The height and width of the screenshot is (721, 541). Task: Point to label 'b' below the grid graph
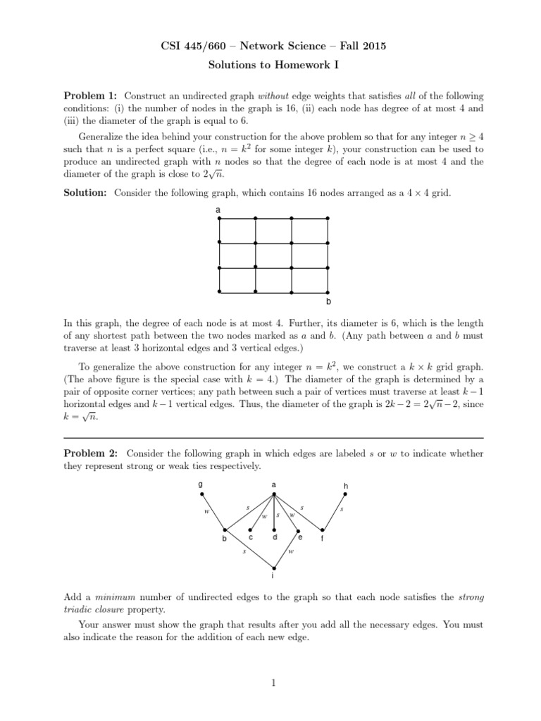(328, 302)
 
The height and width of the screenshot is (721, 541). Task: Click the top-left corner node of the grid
(220, 219)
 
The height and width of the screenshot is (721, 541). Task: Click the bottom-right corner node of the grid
(328, 291)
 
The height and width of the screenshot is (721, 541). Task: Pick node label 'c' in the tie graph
(251, 537)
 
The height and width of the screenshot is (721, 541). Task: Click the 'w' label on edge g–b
(206, 512)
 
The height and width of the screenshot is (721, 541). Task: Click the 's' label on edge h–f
(342, 508)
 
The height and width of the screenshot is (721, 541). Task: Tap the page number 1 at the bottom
(271, 681)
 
